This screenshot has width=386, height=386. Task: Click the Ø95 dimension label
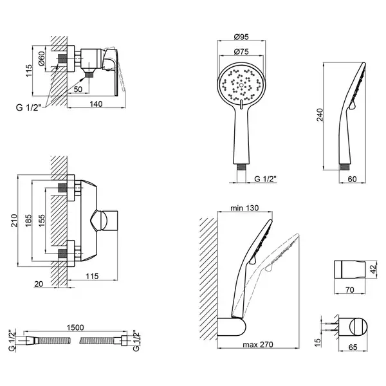(241, 37)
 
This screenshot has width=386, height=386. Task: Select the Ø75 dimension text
(241, 51)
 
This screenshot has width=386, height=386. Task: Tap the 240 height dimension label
(320, 115)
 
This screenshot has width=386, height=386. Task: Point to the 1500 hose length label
(75, 327)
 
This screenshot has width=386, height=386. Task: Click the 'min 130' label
(244, 208)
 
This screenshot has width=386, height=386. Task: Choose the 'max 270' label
(258, 344)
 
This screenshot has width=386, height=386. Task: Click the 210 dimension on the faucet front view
(14, 221)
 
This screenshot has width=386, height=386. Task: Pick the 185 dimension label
(28, 221)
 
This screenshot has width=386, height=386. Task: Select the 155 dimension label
(42, 221)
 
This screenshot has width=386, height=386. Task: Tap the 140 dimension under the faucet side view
(96, 104)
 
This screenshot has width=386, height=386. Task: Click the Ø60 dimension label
(41, 59)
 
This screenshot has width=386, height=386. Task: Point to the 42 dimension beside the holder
(374, 268)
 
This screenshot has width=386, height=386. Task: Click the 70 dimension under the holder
(349, 289)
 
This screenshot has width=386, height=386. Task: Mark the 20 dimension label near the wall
(39, 284)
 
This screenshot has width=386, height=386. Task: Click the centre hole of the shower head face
(241, 86)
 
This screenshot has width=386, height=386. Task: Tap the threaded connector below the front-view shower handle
(241, 167)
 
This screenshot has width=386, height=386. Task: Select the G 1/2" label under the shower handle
(265, 179)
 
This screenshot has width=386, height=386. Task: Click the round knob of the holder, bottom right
(358, 327)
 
